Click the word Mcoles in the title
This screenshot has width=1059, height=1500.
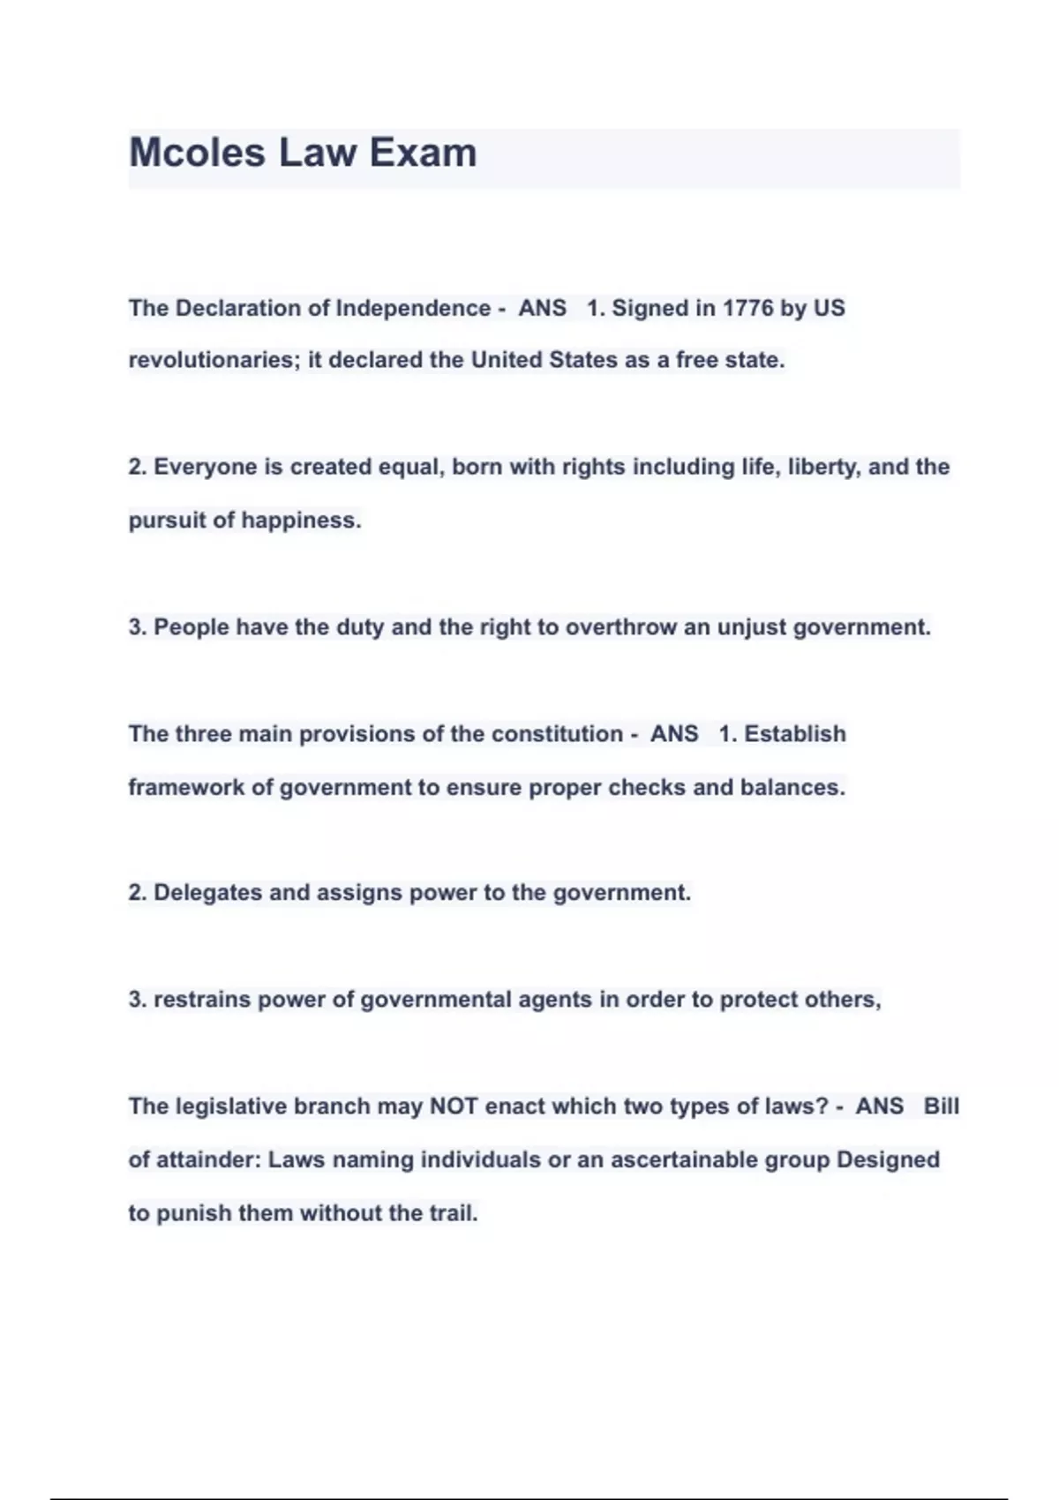pyautogui.click(x=197, y=153)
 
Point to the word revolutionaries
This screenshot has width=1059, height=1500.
pyautogui.click(x=214, y=360)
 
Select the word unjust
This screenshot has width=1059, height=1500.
pyautogui.click(x=751, y=627)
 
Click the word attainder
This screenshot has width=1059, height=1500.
pyautogui.click(x=207, y=1159)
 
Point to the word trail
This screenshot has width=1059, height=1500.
pyautogui.click(x=453, y=1213)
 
